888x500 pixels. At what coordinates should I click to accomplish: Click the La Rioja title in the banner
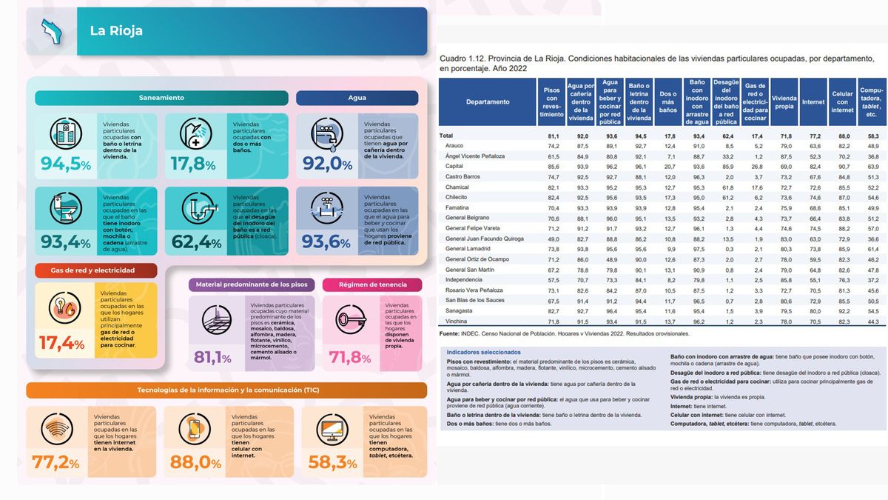click(x=116, y=31)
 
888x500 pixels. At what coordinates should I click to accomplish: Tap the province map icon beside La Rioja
click(x=52, y=31)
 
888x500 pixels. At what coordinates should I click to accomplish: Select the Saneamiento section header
click(x=161, y=98)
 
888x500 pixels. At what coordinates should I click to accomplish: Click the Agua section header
click(x=357, y=98)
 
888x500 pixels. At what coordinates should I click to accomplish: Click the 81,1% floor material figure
click(x=212, y=359)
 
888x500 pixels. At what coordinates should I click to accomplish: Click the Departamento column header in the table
click(x=488, y=102)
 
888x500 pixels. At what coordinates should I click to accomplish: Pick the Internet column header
click(x=813, y=102)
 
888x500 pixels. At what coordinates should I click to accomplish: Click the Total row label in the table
click(x=446, y=136)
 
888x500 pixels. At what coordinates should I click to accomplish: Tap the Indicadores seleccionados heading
click(x=483, y=352)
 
